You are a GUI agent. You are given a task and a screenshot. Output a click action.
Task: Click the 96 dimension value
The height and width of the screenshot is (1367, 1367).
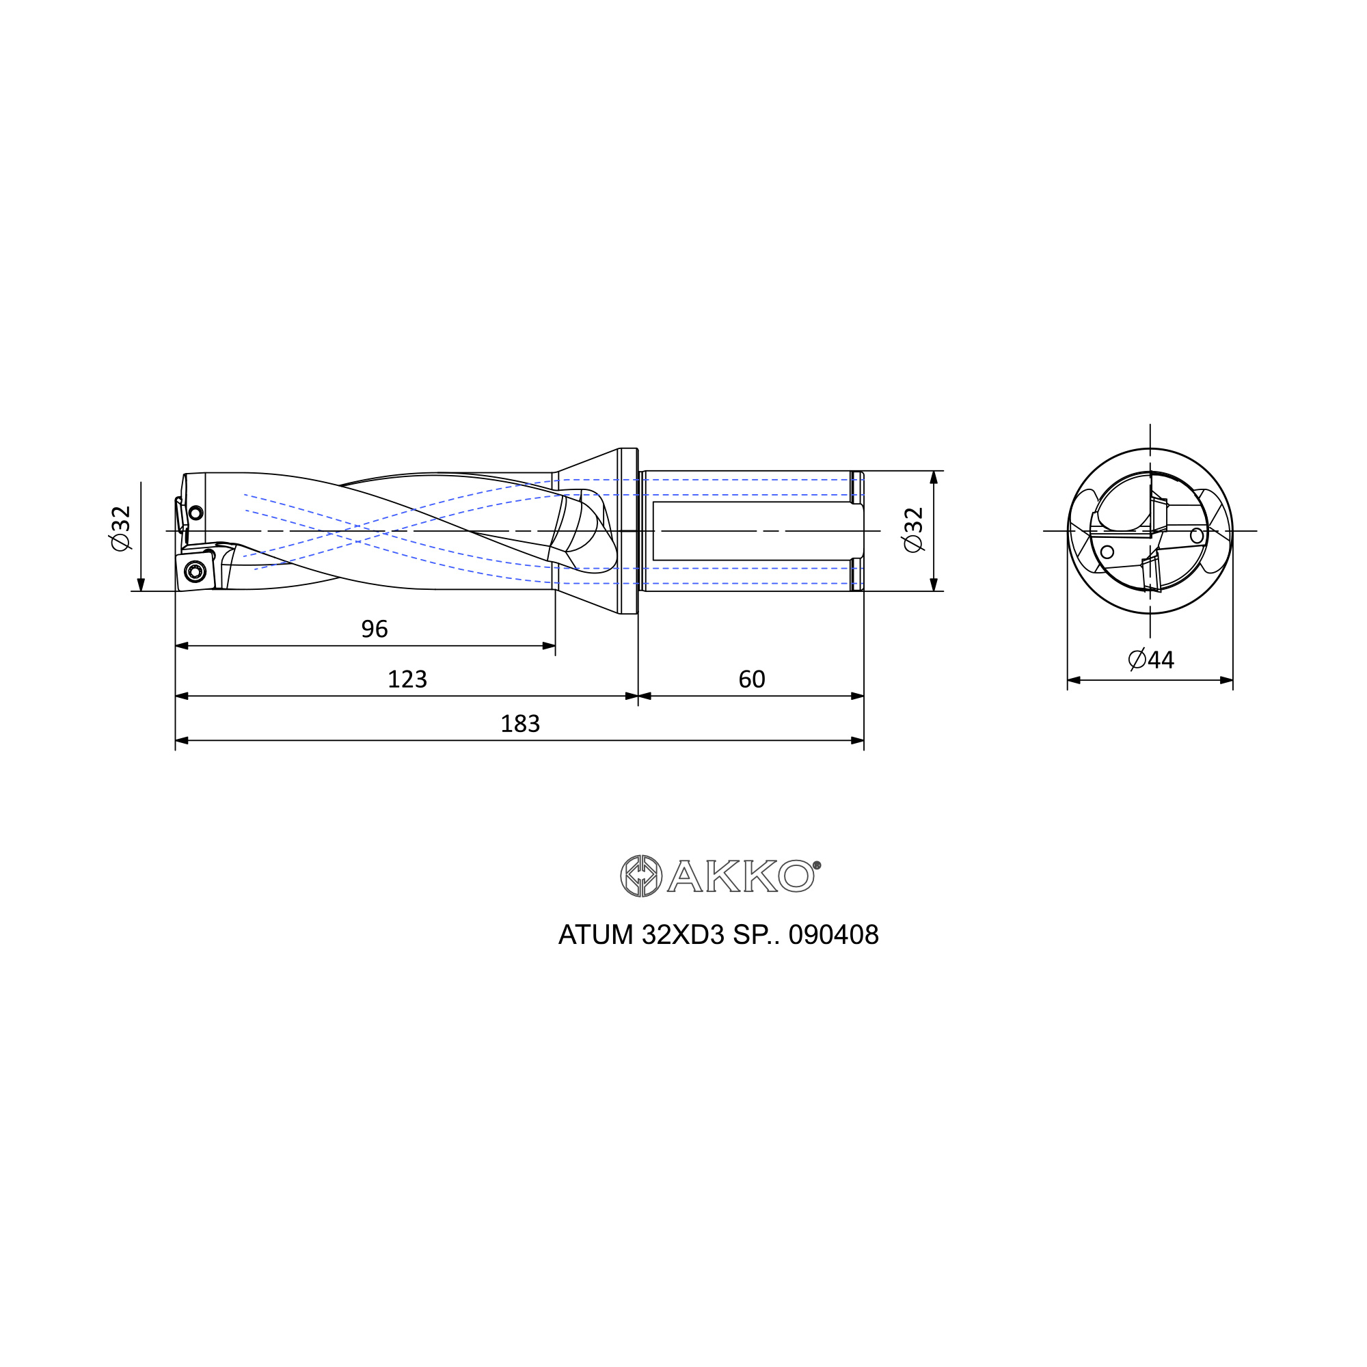pos(375,629)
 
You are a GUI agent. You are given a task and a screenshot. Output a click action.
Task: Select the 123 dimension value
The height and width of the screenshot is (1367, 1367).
pos(407,679)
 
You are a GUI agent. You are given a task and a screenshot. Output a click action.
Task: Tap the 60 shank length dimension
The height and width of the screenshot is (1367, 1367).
pos(751,679)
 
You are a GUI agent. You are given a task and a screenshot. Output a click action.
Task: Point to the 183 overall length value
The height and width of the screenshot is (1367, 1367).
pos(520,724)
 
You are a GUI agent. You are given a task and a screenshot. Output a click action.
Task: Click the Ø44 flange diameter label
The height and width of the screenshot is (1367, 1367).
pos(1151,660)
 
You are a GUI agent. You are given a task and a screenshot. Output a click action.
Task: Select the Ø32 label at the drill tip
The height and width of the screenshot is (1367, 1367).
pos(121,528)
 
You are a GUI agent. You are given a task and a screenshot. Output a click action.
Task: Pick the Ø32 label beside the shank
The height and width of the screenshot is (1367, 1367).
pos(913,530)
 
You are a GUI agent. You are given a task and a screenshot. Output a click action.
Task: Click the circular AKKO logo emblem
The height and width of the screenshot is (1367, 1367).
pos(641,876)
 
